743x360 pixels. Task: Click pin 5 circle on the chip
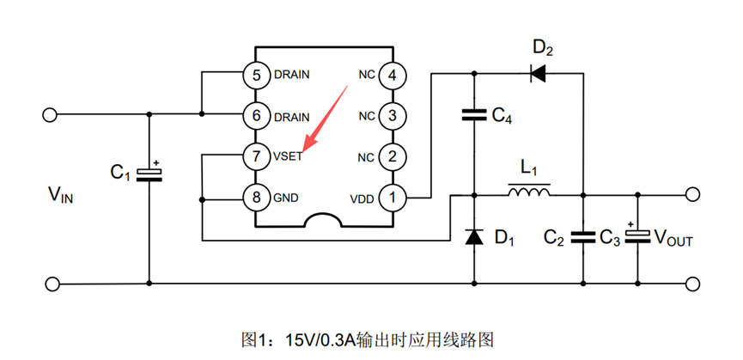click(x=255, y=75)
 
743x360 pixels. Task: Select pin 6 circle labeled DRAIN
click(x=255, y=115)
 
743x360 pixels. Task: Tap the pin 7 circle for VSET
click(x=255, y=156)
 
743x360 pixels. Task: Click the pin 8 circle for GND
click(x=255, y=197)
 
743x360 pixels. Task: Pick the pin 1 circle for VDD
click(x=393, y=197)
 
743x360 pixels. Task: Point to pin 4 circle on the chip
click(x=393, y=75)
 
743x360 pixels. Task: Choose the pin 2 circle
click(x=393, y=156)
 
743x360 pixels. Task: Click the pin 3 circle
click(x=393, y=115)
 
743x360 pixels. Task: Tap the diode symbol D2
click(x=538, y=74)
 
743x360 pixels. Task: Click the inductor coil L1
click(x=529, y=192)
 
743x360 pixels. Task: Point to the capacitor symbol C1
click(x=150, y=174)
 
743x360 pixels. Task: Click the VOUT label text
click(x=673, y=238)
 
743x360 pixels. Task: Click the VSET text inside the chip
click(x=288, y=156)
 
